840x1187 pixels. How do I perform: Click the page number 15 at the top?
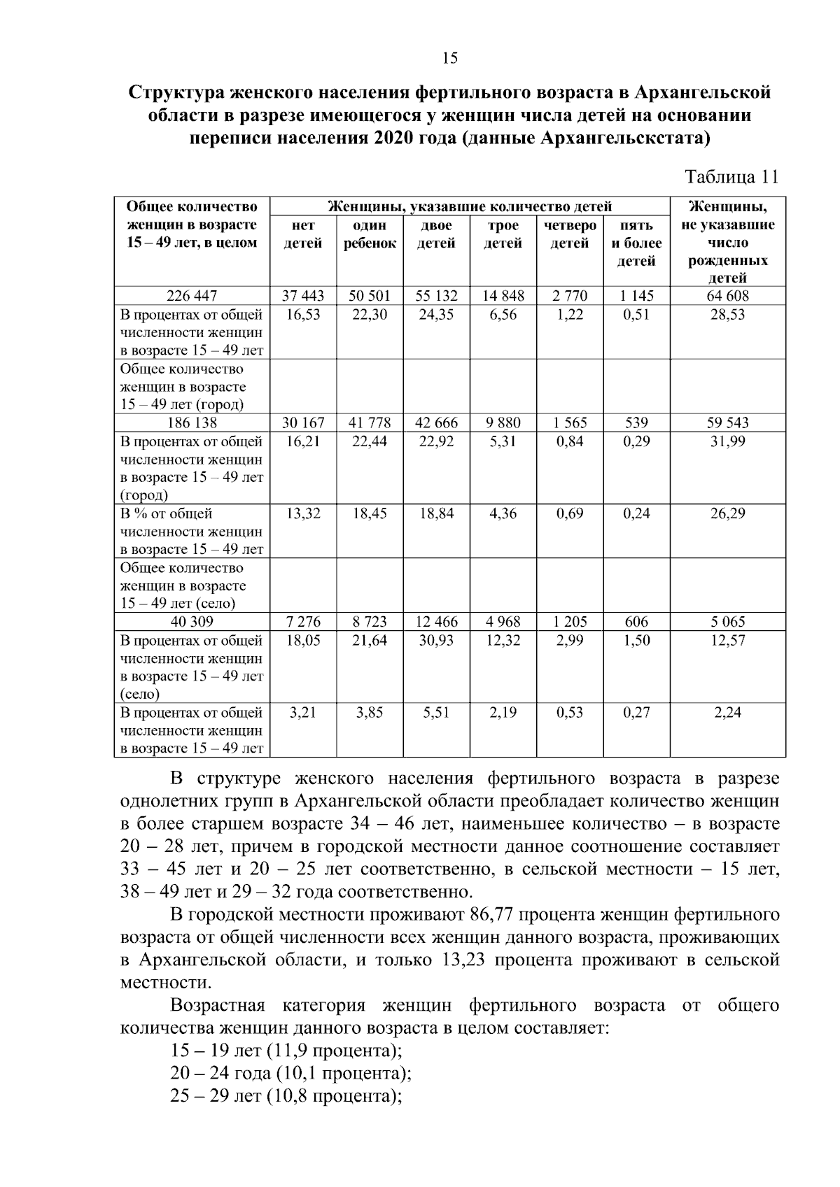coord(450,58)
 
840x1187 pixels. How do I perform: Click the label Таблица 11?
coord(731,177)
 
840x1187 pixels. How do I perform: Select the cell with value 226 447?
coord(191,296)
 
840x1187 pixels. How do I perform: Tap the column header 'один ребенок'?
coord(369,234)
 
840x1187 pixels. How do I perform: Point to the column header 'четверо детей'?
coord(569,234)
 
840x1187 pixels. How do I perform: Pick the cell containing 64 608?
coord(727,296)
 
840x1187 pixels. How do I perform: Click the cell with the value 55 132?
coord(436,296)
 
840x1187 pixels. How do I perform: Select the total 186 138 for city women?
coord(191,423)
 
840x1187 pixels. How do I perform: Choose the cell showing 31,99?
coord(727,442)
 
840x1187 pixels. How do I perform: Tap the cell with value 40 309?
coord(191,622)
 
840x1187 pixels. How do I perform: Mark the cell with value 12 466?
coord(436,622)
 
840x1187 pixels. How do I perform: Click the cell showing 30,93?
coord(436,641)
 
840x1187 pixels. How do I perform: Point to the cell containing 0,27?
coord(636,713)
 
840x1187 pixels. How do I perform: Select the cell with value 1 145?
coord(636,296)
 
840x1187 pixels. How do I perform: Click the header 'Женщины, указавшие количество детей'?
coord(470,207)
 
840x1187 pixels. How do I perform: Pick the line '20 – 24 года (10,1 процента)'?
coord(290,1073)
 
